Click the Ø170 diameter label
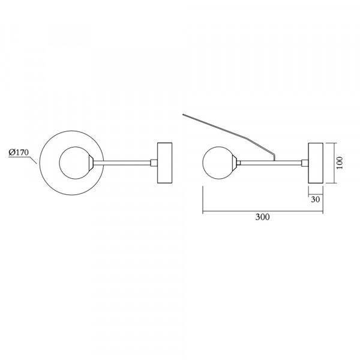click(19, 152)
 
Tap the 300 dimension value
click(262, 217)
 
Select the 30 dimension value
click(315, 199)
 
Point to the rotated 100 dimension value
click(340, 163)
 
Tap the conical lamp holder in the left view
click(91, 163)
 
